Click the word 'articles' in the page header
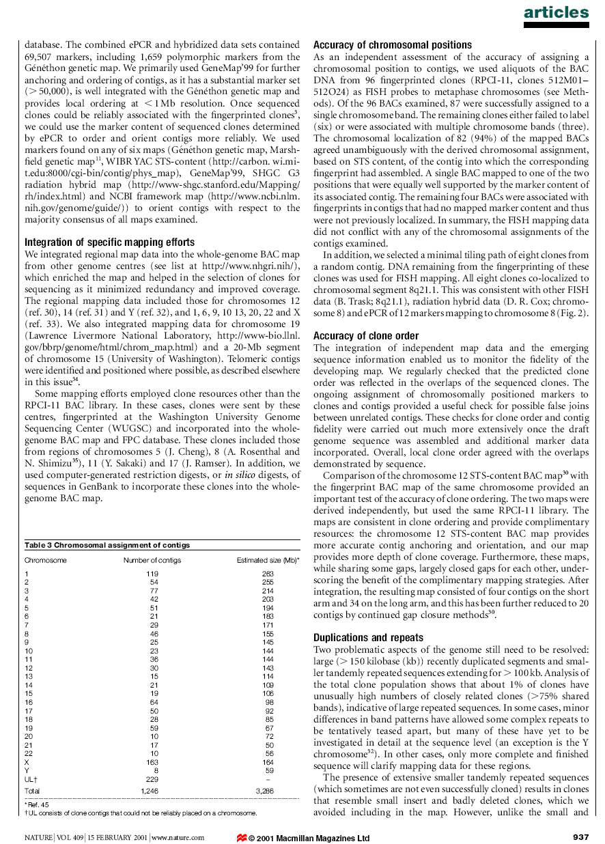click(556, 12)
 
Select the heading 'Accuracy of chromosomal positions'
click(392, 45)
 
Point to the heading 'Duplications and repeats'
click(368, 638)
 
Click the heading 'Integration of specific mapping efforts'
click(109, 242)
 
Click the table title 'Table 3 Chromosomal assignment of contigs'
click(107, 545)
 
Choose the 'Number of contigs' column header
click(152, 561)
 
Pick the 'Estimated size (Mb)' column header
click(267, 561)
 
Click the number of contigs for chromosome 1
click(152, 574)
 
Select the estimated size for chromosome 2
click(268, 582)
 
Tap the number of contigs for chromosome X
click(152, 762)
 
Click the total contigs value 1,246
click(150, 790)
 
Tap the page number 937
click(580, 838)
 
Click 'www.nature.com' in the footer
click(177, 838)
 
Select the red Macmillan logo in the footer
click(241, 838)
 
